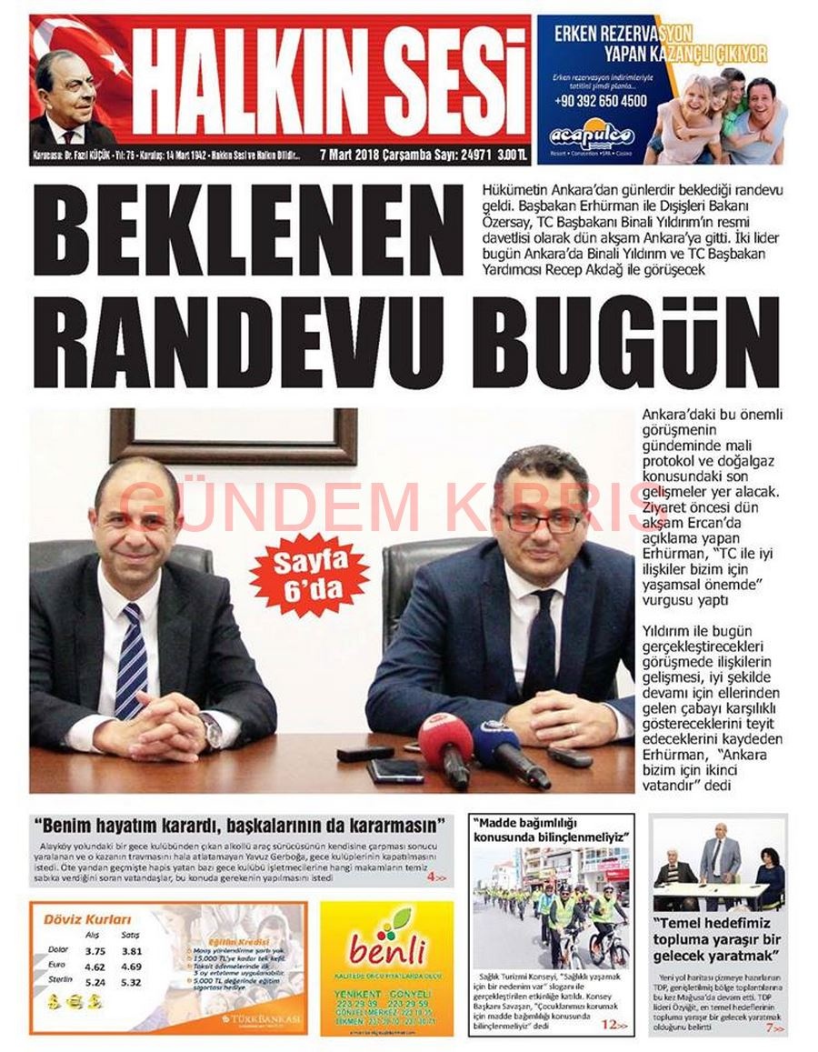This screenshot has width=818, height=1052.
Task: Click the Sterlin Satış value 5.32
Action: pyautogui.click(x=132, y=982)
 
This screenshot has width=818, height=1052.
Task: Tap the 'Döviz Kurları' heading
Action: pyautogui.click(x=87, y=919)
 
